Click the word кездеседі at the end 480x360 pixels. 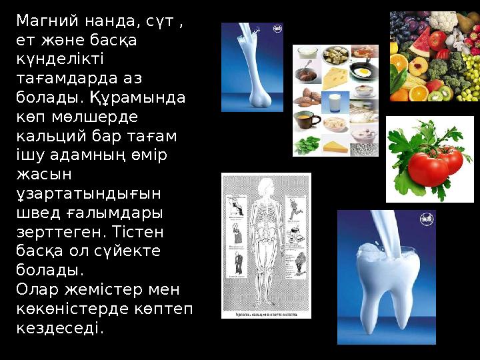tap(60, 328)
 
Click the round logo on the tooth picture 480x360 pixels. tap(426, 219)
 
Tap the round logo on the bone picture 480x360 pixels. tap(277, 29)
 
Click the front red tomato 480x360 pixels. tap(427, 168)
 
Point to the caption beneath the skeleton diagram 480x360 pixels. tap(266, 313)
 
